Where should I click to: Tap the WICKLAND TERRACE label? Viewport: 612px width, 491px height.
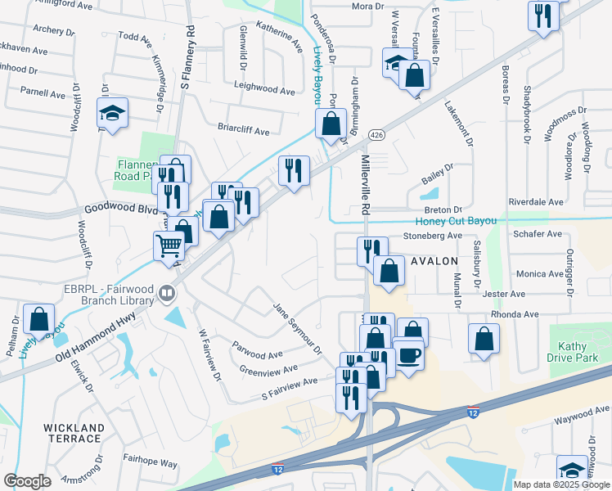(74, 433)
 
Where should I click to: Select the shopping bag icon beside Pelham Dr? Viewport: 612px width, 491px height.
(39, 318)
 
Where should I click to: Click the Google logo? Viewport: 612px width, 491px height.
(27, 481)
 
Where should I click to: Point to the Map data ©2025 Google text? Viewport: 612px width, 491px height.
(560, 484)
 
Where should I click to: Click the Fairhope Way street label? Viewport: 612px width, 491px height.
(151, 463)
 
